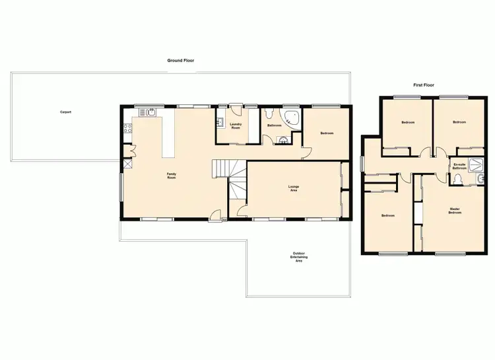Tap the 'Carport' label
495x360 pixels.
click(x=65, y=112)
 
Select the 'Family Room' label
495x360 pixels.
click(x=171, y=176)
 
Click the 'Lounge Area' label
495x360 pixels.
click(x=294, y=189)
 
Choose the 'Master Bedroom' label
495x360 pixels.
click(x=455, y=211)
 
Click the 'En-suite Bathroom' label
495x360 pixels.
click(x=459, y=167)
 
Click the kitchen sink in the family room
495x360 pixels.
click(x=150, y=112)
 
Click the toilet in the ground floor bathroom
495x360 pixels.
click(x=283, y=139)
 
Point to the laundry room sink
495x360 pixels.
click(x=219, y=122)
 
